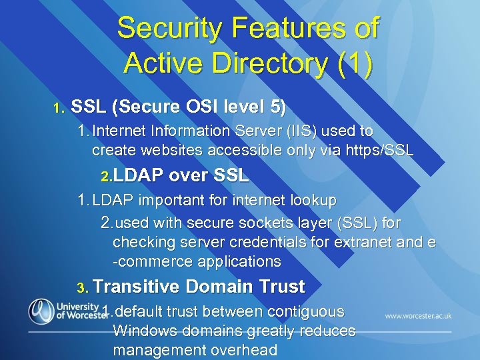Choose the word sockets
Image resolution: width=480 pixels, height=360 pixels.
pos(251,221)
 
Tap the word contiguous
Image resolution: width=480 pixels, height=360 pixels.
pos(305,311)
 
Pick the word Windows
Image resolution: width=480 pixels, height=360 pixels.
pos(143,331)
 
